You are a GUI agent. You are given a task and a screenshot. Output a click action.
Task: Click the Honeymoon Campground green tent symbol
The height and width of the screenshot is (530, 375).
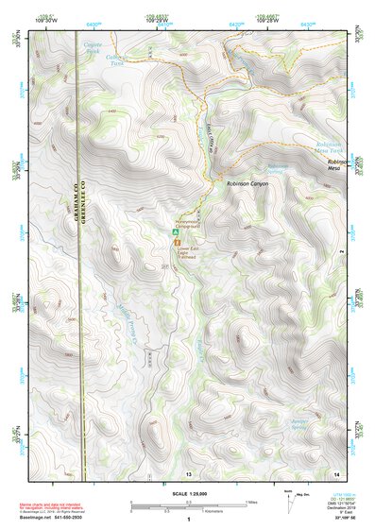coord(174,231)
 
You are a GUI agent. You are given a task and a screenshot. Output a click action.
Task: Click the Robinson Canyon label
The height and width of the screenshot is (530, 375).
coord(247,184)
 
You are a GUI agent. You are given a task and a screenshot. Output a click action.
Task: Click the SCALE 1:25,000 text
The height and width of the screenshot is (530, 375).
coord(187,493)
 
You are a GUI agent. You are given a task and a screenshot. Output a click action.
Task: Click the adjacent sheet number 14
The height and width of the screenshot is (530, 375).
coord(335,471)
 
